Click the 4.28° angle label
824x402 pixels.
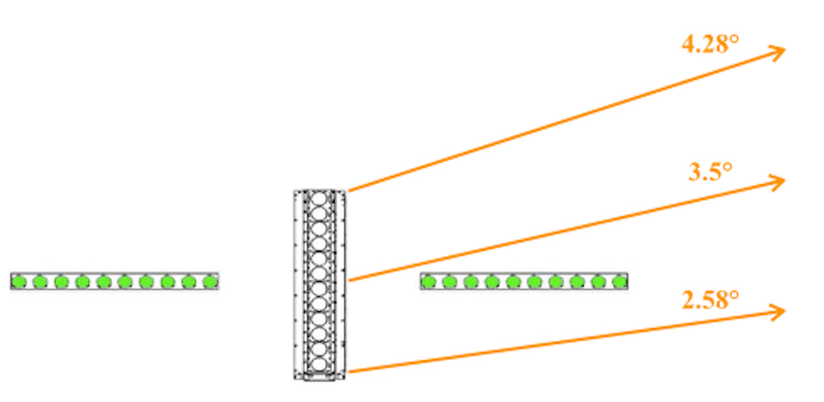click(710, 44)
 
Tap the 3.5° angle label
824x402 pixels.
click(710, 172)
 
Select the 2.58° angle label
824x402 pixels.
click(710, 300)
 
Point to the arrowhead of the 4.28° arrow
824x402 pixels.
click(784, 51)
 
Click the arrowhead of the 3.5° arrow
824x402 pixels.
click(784, 181)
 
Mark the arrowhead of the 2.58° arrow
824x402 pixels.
click(784, 310)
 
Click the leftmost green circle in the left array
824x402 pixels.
click(19, 282)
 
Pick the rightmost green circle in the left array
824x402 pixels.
click(210, 282)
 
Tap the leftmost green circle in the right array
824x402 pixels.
click(428, 282)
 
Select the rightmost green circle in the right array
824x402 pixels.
click(619, 282)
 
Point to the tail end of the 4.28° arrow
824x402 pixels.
click(348, 190)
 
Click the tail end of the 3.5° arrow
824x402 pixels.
click(348, 281)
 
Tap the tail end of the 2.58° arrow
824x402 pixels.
click(348, 371)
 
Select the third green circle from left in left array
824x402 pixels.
click(61, 282)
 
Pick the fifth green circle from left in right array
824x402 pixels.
click(513, 282)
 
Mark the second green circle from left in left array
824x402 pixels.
click(40, 282)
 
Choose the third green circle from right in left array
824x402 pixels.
click(167, 282)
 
